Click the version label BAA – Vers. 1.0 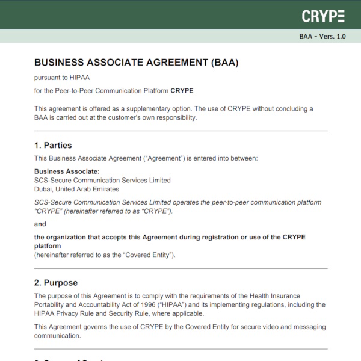(322, 36)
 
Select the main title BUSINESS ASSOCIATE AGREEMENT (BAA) (141, 63)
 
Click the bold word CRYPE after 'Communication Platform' (182, 91)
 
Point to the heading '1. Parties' (53, 145)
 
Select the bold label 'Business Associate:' (67, 171)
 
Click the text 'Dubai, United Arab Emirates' (76, 189)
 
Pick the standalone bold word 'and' (40, 224)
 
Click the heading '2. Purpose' (56, 283)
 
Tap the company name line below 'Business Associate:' (102, 180)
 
